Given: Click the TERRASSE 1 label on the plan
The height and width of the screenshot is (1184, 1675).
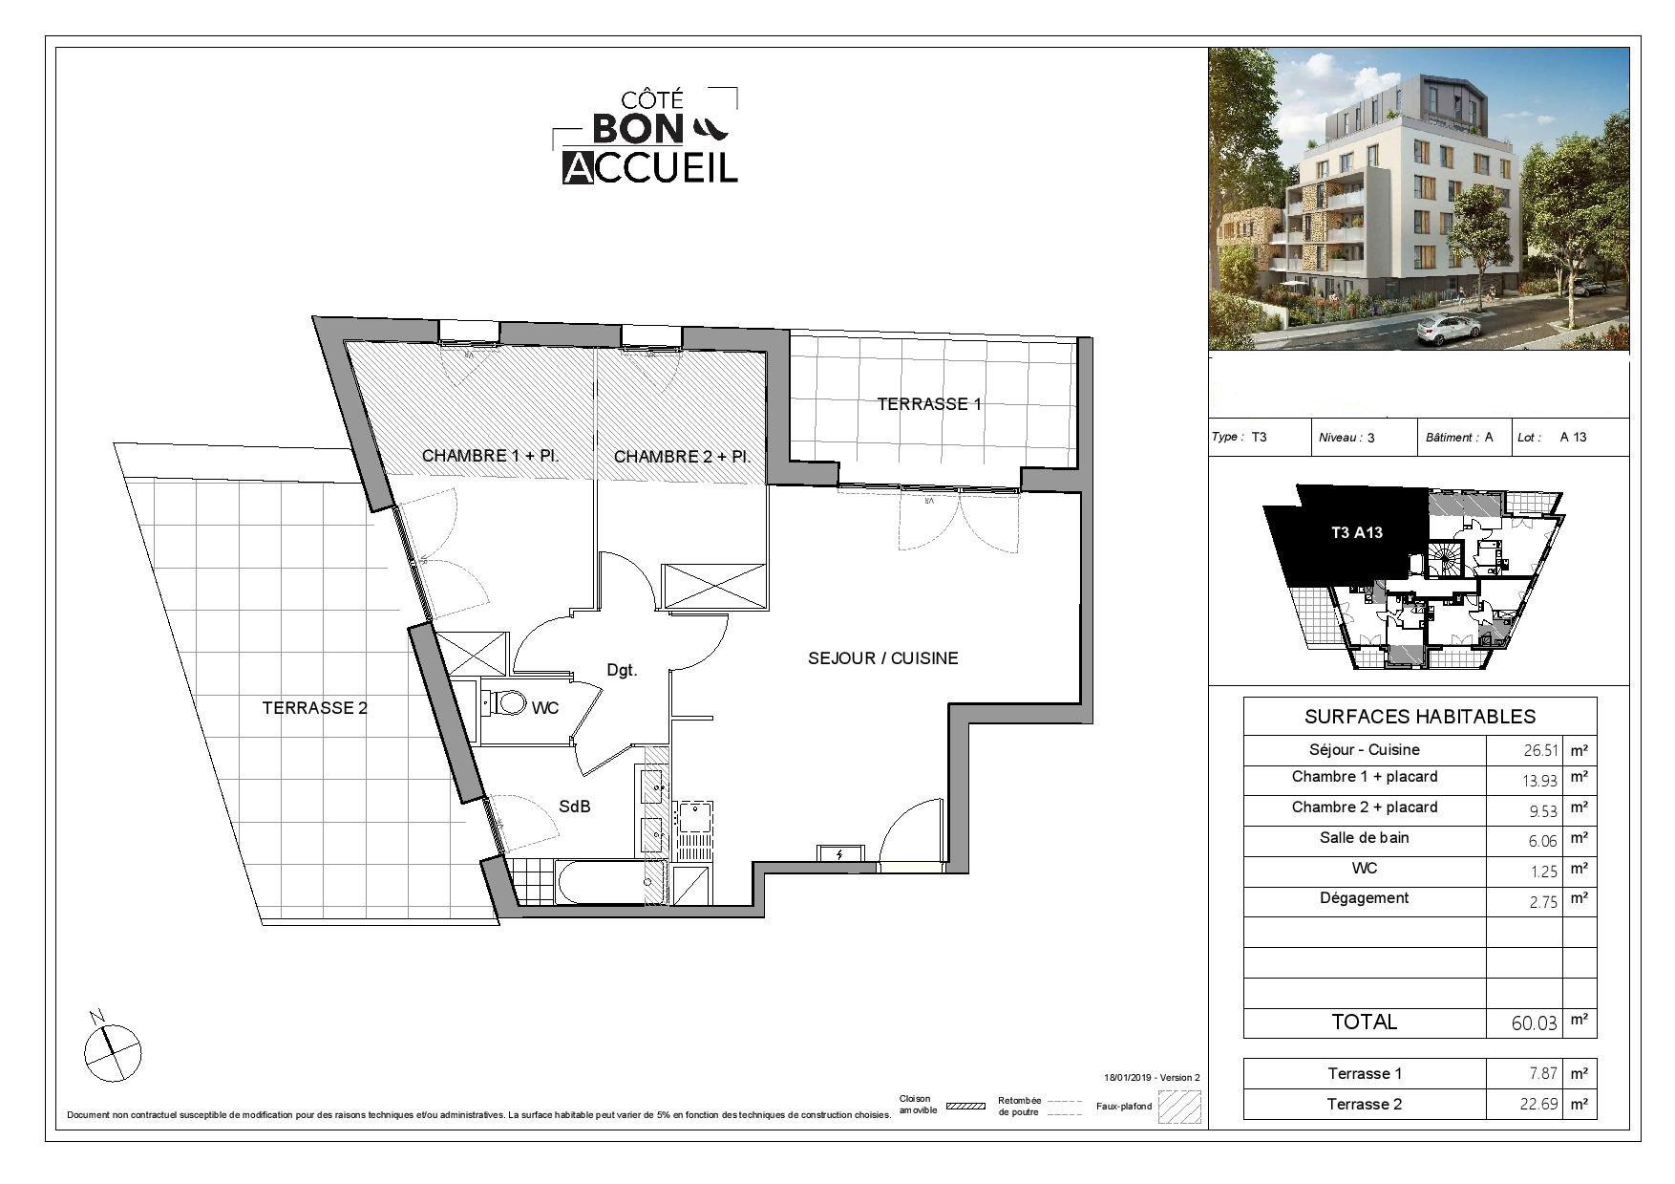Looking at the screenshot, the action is (929, 403).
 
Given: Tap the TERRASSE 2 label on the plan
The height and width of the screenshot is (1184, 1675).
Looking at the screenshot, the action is (314, 708).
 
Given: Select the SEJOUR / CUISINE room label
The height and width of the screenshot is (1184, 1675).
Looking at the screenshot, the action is (882, 658).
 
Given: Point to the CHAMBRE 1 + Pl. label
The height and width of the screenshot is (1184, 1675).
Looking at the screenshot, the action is (490, 456).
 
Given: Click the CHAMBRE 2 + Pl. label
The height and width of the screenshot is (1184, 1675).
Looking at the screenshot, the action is (682, 457).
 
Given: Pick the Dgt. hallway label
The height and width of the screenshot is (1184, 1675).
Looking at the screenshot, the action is (622, 671).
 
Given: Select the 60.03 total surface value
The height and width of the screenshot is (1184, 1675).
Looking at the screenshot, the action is (1534, 1023).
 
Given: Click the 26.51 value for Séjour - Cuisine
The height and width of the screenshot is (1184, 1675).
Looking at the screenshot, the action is (1539, 751).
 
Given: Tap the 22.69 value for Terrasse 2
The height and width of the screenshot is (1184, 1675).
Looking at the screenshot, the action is (1538, 1105).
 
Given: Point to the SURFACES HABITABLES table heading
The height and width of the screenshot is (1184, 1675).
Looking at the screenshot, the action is (1420, 717).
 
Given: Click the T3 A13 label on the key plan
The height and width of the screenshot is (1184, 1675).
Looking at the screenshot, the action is (1357, 533).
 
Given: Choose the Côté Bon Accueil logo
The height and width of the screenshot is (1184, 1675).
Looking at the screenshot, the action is (647, 135).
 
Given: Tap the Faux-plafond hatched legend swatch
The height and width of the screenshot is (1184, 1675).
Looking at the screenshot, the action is (1179, 1107).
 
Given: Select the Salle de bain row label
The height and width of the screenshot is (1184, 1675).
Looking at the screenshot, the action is (1365, 838).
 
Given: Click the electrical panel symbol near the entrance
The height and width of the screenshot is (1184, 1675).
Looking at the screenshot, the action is (840, 854).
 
